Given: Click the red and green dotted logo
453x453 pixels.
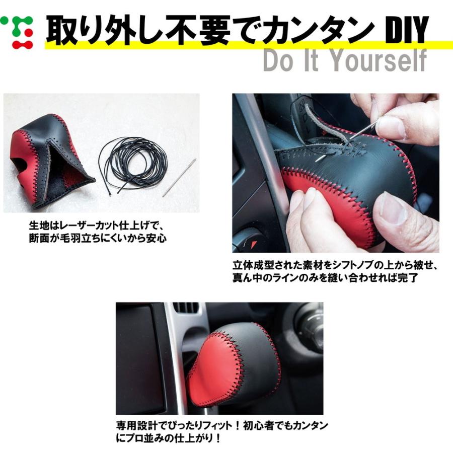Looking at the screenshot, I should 17,32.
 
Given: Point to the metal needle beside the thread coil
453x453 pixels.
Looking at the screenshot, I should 179,177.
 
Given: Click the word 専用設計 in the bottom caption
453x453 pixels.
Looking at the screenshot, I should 136,426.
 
